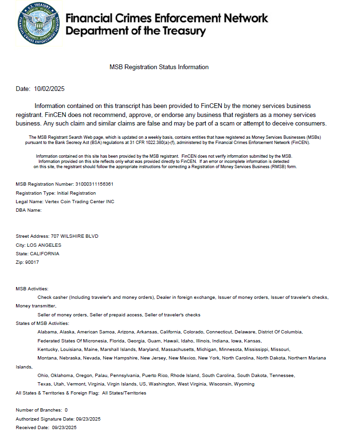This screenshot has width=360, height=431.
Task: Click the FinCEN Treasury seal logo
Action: (x=39, y=24)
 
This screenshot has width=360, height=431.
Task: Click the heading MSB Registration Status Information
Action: (x=159, y=67)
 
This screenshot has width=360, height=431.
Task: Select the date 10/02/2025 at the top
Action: (x=50, y=89)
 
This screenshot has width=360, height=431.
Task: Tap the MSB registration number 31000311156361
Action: (x=94, y=184)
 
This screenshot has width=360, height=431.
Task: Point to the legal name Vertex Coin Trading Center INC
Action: (x=79, y=202)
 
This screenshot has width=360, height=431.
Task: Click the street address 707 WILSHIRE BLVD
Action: (x=71, y=236)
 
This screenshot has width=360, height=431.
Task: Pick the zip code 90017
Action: (x=32, y=262)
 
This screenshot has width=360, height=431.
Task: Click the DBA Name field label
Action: (x=29, y=210)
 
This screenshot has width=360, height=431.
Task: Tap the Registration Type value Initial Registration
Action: (x=76, y=193)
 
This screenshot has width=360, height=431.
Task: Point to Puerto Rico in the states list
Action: (x=155, y=375)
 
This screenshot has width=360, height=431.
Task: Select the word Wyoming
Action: (x=245, y=384)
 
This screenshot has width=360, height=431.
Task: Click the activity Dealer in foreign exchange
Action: (x=186, y=297)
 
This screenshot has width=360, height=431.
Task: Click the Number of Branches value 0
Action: (x=66, y=410)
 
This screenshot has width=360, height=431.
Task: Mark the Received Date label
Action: (x=32, y=428)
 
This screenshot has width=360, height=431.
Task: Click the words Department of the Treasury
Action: (x=136, y=32)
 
